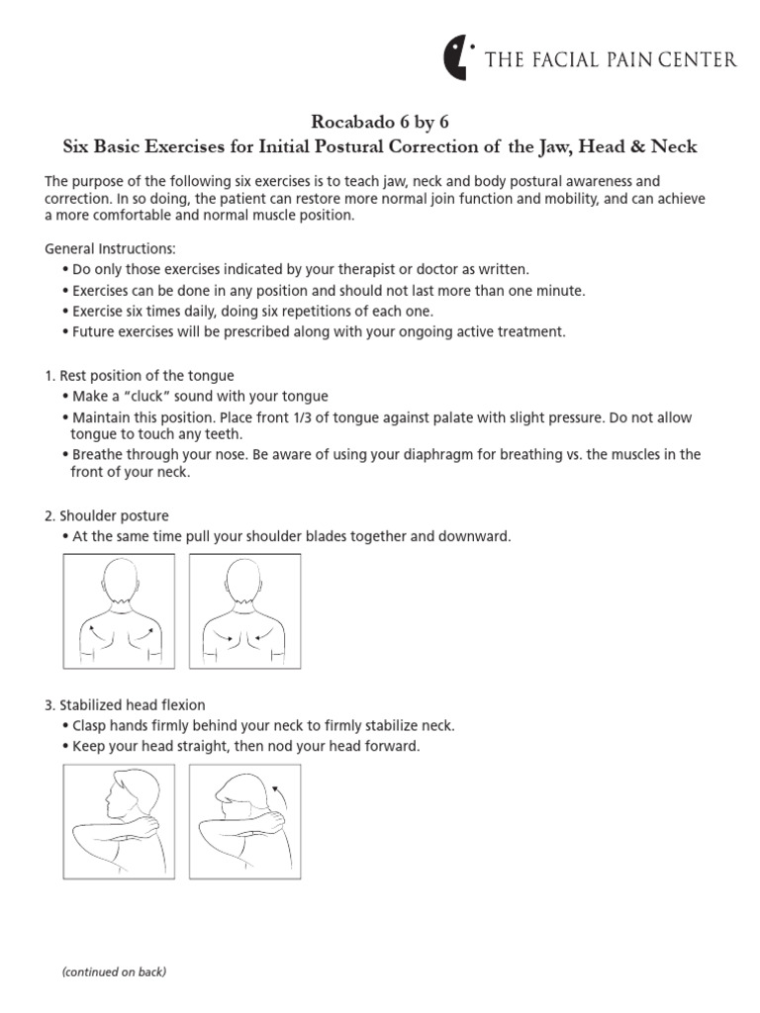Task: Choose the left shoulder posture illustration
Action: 119,610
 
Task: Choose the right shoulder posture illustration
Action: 244,610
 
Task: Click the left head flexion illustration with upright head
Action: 119,822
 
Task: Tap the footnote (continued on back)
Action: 114,972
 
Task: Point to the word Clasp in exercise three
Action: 93,726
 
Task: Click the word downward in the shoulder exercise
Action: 476,536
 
